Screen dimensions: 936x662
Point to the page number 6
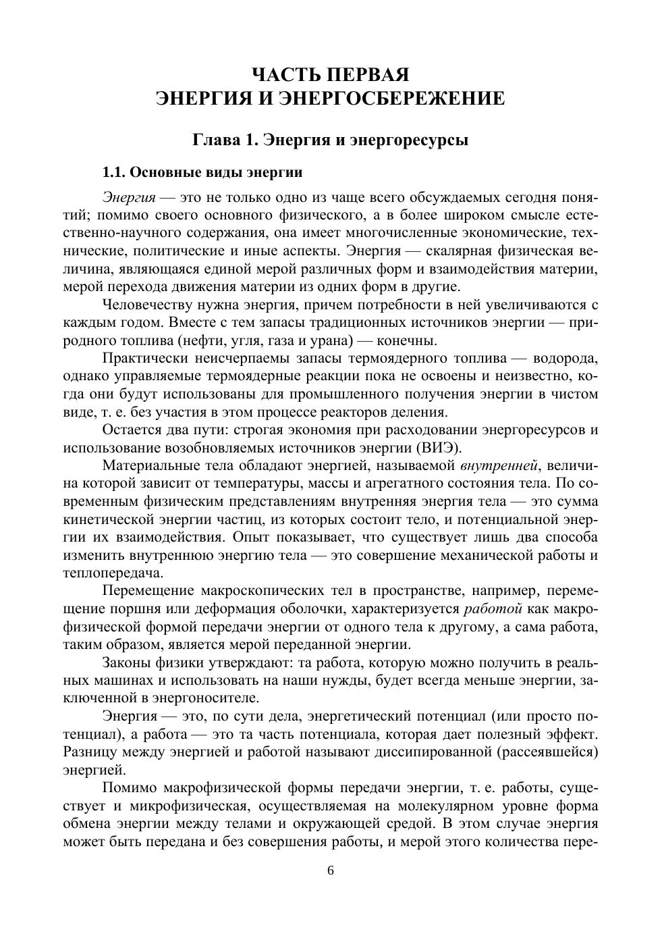tap(331, 870)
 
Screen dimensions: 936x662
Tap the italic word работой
tap(493, 608)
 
